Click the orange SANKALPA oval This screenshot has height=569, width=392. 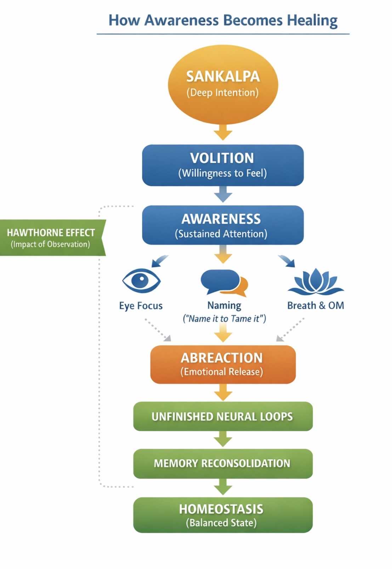tap(223, 84)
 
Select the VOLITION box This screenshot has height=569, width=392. tap(223, 165)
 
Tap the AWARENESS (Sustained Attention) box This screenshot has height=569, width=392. tap(223, 225)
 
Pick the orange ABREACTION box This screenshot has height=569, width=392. tap(223, 364)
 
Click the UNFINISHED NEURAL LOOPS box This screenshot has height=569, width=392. tap(223, 416)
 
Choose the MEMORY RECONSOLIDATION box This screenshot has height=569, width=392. tap(223, 463)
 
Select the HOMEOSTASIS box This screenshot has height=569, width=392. tap(223, 515)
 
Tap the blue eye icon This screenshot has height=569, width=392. tap(141, 280)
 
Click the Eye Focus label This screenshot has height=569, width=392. tap(141, 306)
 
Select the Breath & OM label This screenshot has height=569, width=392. tap(315, 305)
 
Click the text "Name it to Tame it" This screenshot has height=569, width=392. tap(224, 319)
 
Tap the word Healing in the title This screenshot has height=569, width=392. tap(312, 20)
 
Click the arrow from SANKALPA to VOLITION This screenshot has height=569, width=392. tap(223, 132)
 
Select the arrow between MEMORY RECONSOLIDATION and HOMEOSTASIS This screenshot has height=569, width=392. tap(223, 487)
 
